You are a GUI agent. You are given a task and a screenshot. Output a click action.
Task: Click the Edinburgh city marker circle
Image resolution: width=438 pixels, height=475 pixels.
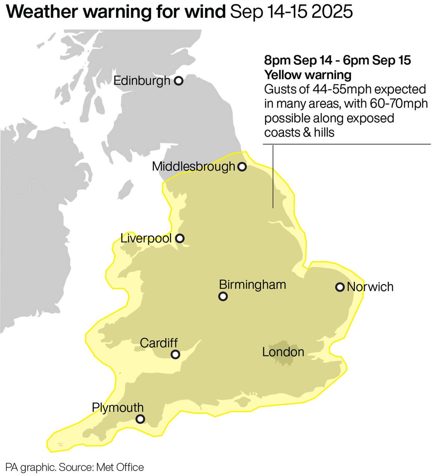(x=179, y=81)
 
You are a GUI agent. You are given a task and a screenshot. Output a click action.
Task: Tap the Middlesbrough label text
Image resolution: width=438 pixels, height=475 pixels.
(x=194, y=166)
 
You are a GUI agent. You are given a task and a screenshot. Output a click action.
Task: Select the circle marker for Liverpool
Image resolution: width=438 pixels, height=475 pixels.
(x=180, y=238)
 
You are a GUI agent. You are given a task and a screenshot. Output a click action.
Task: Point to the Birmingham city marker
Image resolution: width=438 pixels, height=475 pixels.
(x=223, y=296)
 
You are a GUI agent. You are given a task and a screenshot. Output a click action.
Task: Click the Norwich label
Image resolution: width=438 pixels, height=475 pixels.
(x=370, y=287)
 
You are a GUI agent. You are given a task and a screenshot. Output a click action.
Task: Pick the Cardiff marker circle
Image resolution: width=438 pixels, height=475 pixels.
(x=175, y=354)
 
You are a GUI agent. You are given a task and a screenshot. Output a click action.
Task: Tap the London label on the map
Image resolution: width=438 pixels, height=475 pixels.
(x=283, y=352)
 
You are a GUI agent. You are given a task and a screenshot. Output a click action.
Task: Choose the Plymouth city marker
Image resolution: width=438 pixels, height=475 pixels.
(x=140, y=419)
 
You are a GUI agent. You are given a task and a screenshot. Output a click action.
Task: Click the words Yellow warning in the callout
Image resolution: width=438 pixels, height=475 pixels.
(x=308, y=75)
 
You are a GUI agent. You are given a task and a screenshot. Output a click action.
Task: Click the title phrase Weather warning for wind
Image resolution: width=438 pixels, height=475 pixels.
(x=116, y=12)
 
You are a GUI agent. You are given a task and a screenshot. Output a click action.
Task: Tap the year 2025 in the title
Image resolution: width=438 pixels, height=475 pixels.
(x=332, y=12)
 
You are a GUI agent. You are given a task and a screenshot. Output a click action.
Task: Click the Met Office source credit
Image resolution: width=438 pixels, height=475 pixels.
(x=120, y=467)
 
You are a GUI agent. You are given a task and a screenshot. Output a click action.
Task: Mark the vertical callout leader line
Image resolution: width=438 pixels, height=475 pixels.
(x=273, y=176)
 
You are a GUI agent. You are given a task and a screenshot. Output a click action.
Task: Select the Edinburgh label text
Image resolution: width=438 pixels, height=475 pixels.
(x=142, y=81)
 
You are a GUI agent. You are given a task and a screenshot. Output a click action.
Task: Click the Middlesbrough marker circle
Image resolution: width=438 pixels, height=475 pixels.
(x=242, y=167)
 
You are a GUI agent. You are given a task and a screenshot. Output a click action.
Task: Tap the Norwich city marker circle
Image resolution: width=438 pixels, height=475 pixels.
(x=340, y=287)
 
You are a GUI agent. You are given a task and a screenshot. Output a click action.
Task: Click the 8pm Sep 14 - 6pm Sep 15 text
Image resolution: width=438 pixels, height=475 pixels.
(x=337, y=60)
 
